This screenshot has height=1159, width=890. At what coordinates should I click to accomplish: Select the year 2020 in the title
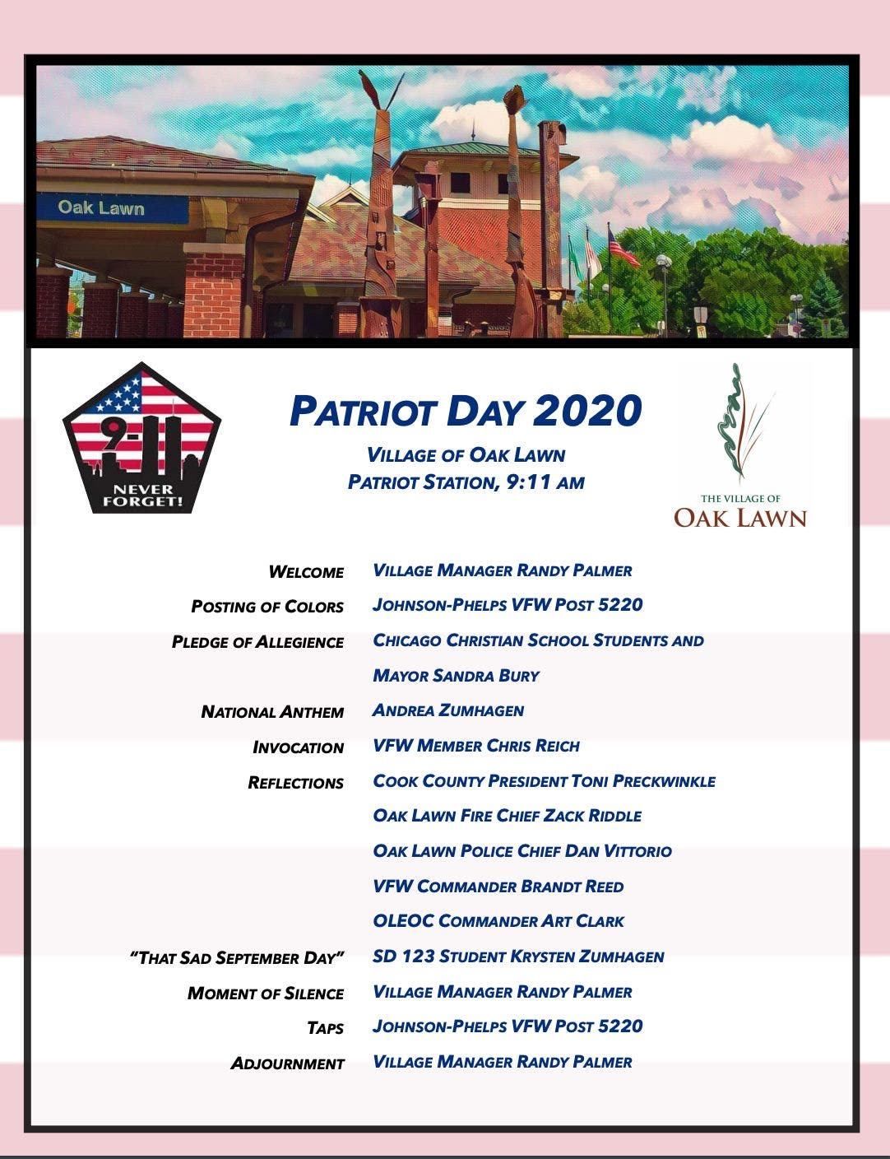coord(586,411)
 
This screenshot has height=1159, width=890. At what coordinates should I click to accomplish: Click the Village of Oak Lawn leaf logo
coord(740,445)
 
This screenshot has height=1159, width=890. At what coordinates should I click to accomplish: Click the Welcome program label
coord(306,572)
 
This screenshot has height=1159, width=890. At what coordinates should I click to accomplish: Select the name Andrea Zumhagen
coord(448,710)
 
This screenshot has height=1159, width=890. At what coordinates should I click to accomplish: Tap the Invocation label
coord(298,747)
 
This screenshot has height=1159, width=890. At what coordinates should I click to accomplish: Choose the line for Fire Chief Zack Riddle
coord(507,816)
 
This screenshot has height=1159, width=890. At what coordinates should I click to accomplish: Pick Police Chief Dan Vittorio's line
coord(521,851)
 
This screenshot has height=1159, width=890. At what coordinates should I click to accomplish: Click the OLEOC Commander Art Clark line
coord(498,921)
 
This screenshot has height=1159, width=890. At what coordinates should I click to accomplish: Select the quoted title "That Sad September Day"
coord(237,958)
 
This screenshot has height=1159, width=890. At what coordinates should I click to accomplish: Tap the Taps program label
coord(325,1028)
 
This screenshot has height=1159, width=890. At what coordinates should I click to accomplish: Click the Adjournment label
coord(287,1064)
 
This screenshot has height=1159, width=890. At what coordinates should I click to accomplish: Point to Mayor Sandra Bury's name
coord(456,676)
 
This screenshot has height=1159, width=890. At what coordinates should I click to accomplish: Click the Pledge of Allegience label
coord(257,642)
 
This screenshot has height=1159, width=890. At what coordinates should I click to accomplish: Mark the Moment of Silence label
coord(266,994)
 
